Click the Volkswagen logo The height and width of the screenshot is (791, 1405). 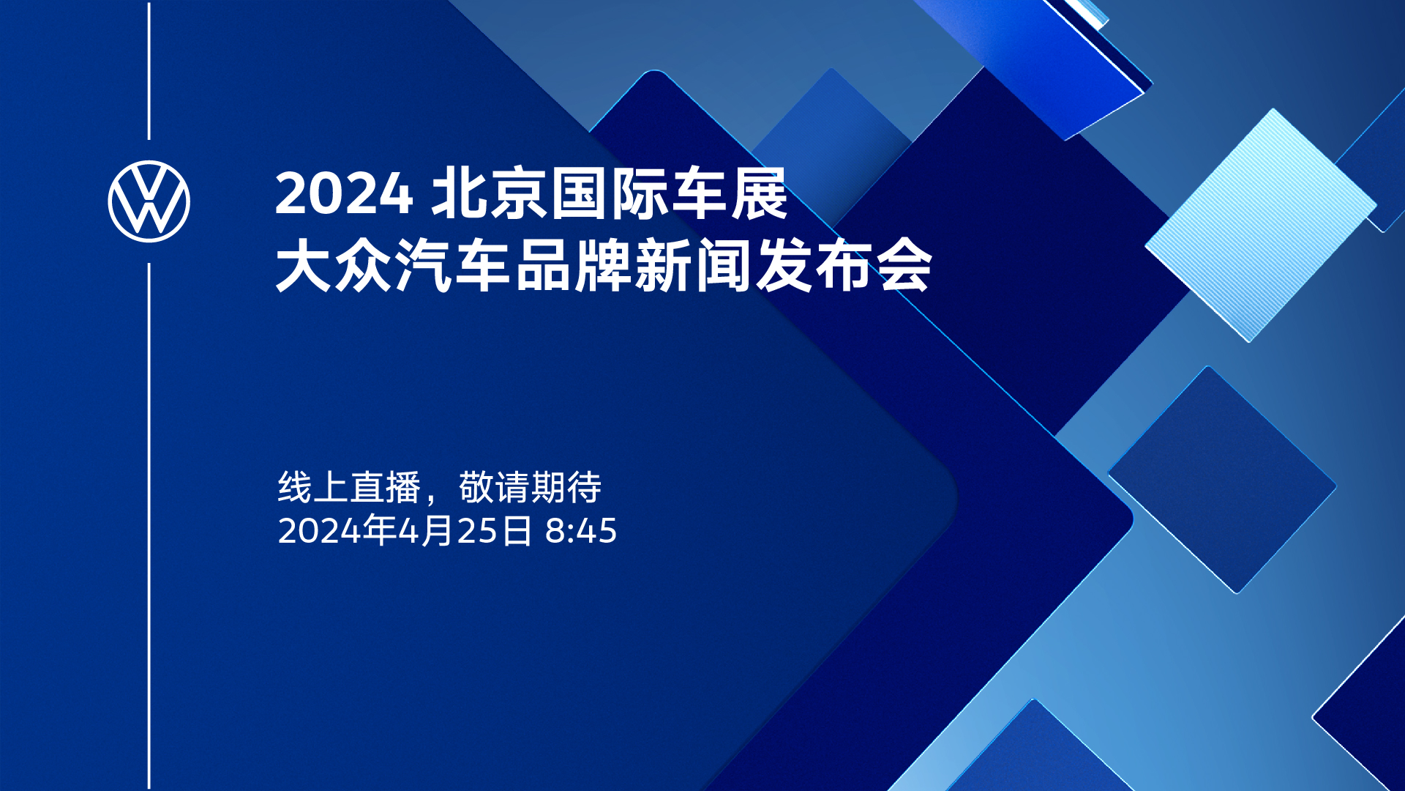pos(149,201)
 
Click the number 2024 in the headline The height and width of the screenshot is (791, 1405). pos(344,194)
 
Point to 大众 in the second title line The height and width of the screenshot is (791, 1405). pos(334,266)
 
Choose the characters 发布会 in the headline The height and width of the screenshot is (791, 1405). pos(844,266)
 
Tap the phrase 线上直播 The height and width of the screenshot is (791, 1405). pos(349,487)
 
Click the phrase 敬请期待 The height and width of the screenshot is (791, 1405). pos(531,487)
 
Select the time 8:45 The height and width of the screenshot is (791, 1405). pos(581,531)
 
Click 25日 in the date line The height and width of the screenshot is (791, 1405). pos(495,531)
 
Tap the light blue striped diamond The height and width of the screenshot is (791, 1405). pos(1261,226)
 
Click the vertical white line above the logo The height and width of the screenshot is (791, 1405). pos(149,70)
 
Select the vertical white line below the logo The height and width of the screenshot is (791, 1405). pos(149,527)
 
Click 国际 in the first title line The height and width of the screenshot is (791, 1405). pos(610,194)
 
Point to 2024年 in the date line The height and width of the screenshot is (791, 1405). pos(337,531)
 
